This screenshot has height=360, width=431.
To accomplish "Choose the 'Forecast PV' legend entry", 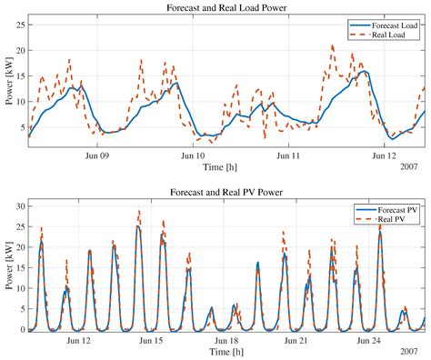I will tap(394, 210).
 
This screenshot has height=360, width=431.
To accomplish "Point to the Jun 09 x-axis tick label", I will tap(97, 155).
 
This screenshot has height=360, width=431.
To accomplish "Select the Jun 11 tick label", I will tap(288, 155).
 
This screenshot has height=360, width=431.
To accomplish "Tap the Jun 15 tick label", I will tap(152, 340).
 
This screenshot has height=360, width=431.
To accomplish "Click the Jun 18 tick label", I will tap(226, 340).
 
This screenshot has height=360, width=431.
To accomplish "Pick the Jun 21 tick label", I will tap(298, 340).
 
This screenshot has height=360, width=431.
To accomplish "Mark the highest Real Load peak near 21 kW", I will tap(333, 45).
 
